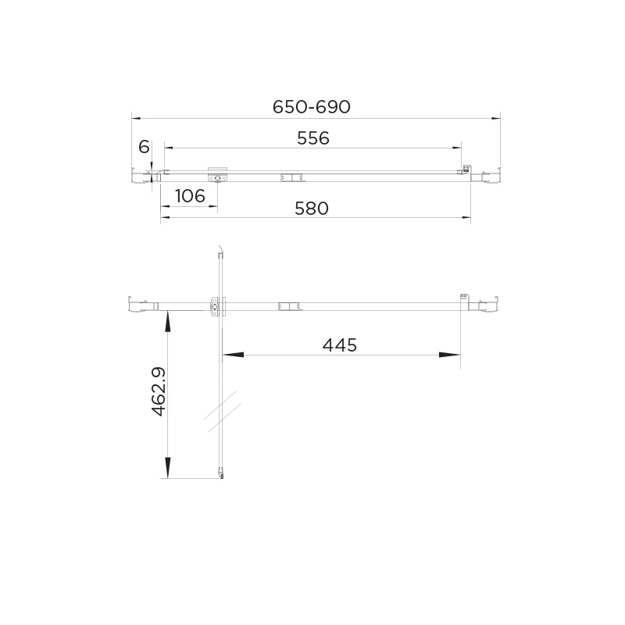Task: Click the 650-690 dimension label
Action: click(x=311, y=107)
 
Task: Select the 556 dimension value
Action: click(x=313, y=138)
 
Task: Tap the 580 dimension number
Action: click(x=312, y=208)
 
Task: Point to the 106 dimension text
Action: click(x=190, y=196)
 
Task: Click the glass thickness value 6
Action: click(x=144, y=147)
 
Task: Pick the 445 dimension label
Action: click(x=340, y=345)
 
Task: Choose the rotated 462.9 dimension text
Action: click(x=159, y=392)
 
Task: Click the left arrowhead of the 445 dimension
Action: click(x=233, y=355)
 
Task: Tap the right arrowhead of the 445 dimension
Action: click(x=450, y=355)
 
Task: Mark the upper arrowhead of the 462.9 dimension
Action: click(x=168, y=321)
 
